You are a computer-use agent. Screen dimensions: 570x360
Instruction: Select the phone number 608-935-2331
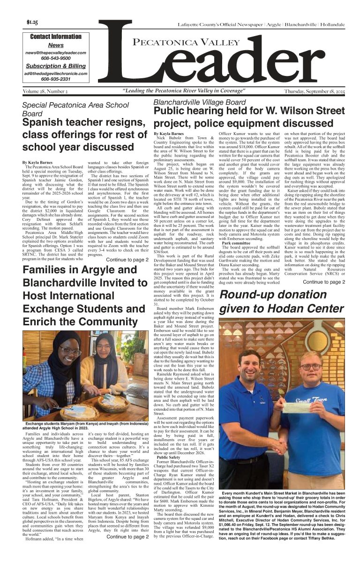point(56,79)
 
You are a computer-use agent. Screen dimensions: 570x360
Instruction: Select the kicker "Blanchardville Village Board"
point(199,102)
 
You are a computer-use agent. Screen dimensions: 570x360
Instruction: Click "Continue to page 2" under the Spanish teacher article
point(127,259)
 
